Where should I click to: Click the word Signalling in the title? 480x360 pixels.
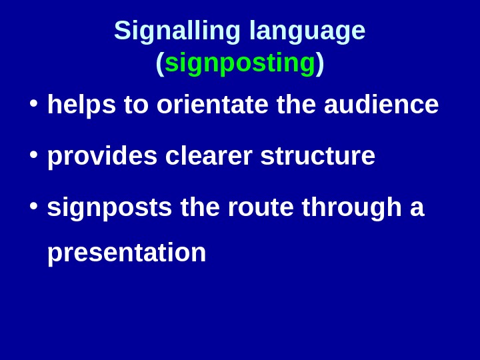coord(177,31)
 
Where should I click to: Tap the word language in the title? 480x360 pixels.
coord(307,31)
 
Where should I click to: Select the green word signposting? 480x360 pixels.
coord(240,63)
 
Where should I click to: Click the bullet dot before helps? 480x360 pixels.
coord(33,103)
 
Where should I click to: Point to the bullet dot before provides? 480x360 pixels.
coord(33,154)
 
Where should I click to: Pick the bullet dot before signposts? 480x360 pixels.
coord(33,205)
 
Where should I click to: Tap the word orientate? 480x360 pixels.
coord(212,105)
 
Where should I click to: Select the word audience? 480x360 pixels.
coord(381,105)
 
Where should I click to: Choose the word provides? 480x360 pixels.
coord(102,156)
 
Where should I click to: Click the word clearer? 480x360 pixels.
coord(209,156)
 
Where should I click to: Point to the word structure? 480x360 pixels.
coord(317,156)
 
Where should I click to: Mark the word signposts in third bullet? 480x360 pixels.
coord(109,207)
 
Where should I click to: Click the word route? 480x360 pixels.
coord(261,207)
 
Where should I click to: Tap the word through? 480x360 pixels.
coord(351,207)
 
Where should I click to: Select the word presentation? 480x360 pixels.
coord(127,253)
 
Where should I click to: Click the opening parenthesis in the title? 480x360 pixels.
coord(160,63)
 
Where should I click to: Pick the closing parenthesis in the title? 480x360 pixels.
coord(320,63)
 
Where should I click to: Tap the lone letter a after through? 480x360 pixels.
coord(417,207)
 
